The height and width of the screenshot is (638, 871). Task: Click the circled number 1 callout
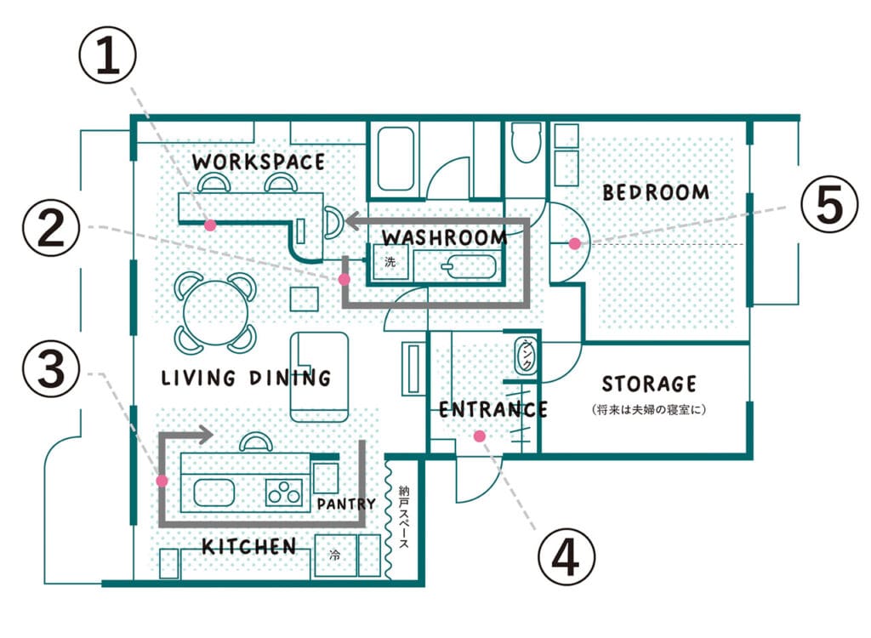[107, 55]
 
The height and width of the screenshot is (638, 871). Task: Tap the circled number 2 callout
[51, 228]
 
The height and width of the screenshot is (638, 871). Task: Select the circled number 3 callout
[51, 368]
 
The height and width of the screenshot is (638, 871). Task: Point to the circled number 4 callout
[566, 556]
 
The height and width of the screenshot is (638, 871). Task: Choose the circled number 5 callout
[829, 204]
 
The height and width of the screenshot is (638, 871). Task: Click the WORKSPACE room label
[259, 162]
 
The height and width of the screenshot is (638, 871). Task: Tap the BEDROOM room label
[656, 192]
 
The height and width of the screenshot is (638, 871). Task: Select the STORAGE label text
[649, 384]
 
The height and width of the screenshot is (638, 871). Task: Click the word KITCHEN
[249, 547]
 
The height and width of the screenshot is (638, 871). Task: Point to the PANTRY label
[346, 504]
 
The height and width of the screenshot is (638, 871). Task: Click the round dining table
[215, 313]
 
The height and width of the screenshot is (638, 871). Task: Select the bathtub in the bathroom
[396, 159]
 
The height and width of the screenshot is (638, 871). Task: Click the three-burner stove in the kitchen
[284, 493]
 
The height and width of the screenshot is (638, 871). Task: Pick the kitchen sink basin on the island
[213, 493]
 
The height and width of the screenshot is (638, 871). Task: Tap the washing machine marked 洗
[390, 261]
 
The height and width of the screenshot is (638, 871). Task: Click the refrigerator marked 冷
[335, 555]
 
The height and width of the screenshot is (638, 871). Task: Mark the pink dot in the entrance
[480, 436]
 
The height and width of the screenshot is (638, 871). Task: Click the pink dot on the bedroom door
[575, 243]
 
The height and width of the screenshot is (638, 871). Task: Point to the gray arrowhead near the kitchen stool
[206, 434]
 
